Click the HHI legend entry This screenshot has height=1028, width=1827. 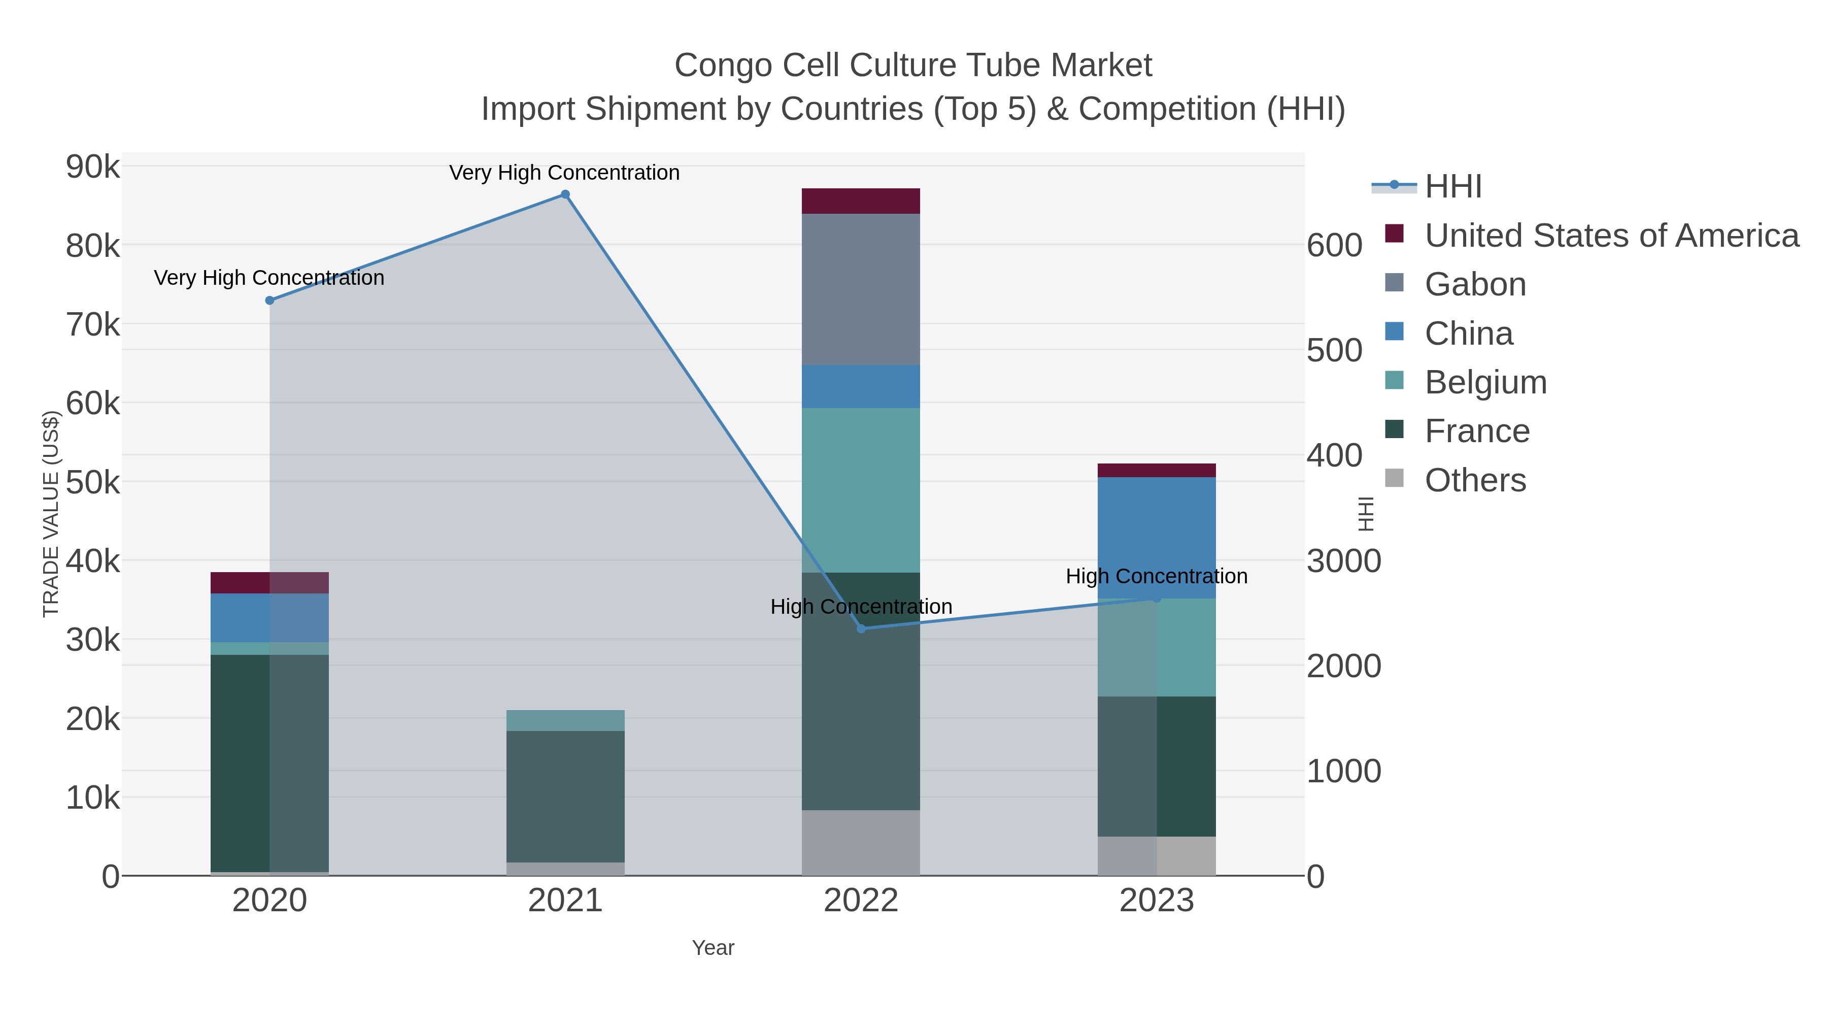click(x=1452, y=187)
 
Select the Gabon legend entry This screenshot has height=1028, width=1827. click(x=1475, y=284)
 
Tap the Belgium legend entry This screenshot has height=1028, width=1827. click(x=1485, y=382)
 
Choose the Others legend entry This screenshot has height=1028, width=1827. click(x=1475, y=480)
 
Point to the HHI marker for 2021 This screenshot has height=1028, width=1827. click(x=565, y=194)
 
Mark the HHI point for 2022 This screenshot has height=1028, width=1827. click(x=861, y=628)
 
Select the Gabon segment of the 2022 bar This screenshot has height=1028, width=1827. click(x=861, y=289)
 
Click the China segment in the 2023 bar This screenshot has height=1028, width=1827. click(x=1157, y=537)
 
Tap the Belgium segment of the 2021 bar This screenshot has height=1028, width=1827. click(x=565, y=720)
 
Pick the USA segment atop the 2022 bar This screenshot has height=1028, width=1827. click(x=861, y=201)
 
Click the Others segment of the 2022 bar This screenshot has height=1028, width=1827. click(x=861, y=842)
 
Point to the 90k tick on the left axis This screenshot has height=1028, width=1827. click(x=93, y=168)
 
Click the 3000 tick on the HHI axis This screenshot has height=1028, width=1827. click(x=1343, y=561)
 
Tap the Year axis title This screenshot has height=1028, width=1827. click(x=713, y=948)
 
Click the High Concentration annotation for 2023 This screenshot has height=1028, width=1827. click(x=1156, y=576)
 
